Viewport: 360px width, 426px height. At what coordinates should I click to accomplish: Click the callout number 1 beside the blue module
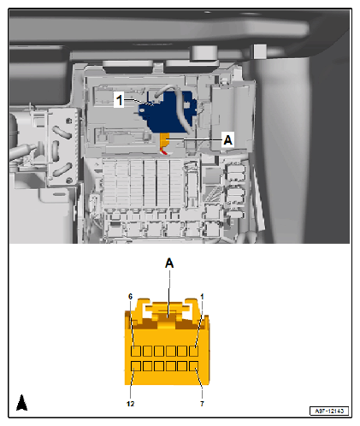pyautogui.click(x=120, y=100)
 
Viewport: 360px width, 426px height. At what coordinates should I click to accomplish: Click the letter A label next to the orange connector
pyautogui.click(x=228, y=139)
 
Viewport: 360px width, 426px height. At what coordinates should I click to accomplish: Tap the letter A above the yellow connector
pyautogui.click(x=169, y=263)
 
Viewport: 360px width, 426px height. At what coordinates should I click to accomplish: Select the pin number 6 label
pyautogui.click(x=130, y=297)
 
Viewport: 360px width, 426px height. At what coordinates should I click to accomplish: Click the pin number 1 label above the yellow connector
pyautogui.click(x=202, y=297)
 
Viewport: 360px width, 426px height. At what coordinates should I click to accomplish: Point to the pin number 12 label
pyautogui.click(x=130, y=404)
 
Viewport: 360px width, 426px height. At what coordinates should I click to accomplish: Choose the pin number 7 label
pyautogui.click(x=202, y=404)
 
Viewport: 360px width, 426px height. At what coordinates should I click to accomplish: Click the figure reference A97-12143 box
pyautogui.click(x=329, y=411)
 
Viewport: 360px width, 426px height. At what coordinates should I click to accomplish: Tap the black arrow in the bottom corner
pyautogui.click(x=21, y=403)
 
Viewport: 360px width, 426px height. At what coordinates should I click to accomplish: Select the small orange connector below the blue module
pyautogui.click(x=164, y=140)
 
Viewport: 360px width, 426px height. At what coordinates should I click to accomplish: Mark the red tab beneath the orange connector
pyautogui.click(x=163, y=151)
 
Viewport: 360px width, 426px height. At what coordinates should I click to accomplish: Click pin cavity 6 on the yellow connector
pyautogui.click(x=136, y=351)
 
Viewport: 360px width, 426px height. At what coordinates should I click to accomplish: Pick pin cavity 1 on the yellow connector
pyautogui.click(x=193, y=351)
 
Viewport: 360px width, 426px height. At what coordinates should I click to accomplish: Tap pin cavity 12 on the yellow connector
pyautogui.click(x=136, y=366)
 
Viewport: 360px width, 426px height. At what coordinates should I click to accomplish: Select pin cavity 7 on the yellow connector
pyautogui.click(x=193, y=366)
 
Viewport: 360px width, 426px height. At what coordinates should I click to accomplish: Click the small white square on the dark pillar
pyautogui.click(x=260, y=51)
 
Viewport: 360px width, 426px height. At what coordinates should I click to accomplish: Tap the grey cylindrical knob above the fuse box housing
pyautogui.click(x=204, y=53)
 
